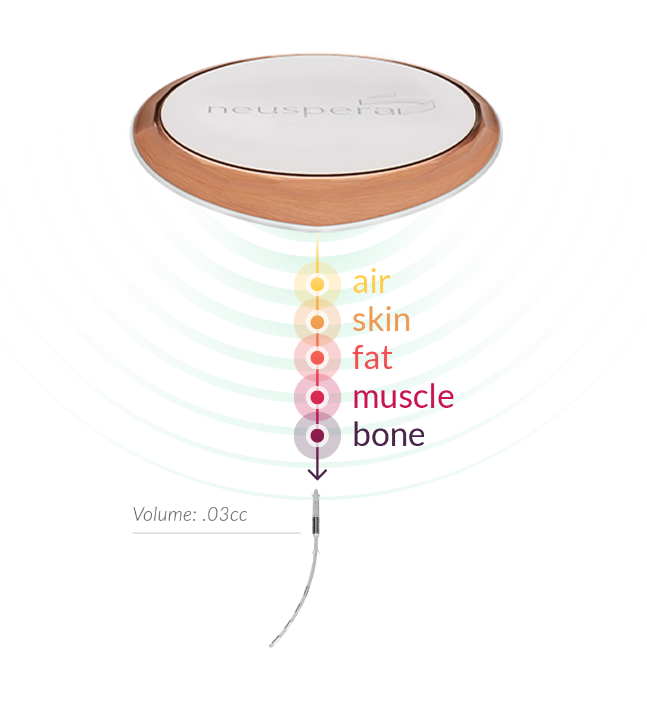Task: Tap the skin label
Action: coord(381,322)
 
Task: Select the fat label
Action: coord(373,358)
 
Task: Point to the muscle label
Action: coord(405,398)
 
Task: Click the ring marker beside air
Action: coord(318,284)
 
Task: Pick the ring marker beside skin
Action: coord(318,322)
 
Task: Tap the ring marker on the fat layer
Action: coord(318,358)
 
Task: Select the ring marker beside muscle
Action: coord(318,397)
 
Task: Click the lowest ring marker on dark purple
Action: coord(318,436)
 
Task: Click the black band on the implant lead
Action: coord(315,525)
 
